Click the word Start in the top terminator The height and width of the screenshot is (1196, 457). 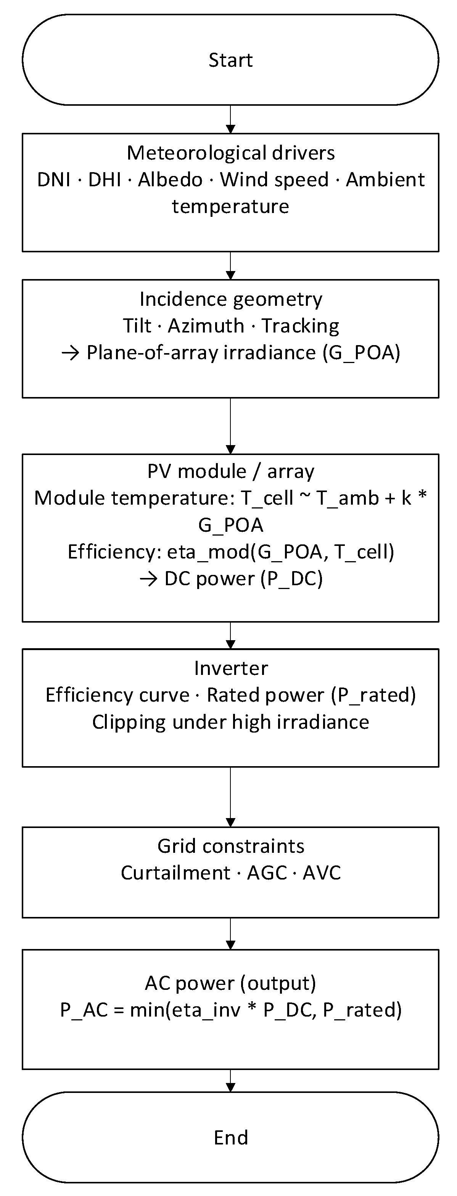click(x=230, y=60)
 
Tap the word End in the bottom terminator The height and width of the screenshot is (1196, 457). click(x=230, y=1138)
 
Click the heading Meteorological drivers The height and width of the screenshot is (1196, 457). click(x=230, y=153)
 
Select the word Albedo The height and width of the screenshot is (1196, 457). click(x=170, y=180)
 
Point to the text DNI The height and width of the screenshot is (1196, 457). click(x=54, y=180)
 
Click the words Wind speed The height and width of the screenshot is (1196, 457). click(x=274, y=180)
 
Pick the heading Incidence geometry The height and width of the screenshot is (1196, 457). click(x=230, y=299)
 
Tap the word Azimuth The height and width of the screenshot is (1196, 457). click(x=206, y=326)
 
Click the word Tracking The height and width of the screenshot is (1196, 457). click(x=300, y=326)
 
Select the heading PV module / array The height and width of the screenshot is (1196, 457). click(x=230, y=471)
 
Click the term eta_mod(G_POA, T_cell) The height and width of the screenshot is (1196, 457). click(x=280, y=552)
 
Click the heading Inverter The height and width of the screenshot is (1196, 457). click(x=230, y=668)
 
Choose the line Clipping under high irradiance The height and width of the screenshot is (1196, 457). click(x=230, y=722)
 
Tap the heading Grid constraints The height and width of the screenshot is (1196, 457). click(x=230, y=846)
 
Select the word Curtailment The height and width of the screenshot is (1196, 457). click(x=175, y=873)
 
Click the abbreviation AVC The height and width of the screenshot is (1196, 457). click(x=322, y=873)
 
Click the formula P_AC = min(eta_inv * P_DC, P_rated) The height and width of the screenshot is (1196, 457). click(x=230, y=1010)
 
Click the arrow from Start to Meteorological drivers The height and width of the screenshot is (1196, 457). click(x=230, y=119)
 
